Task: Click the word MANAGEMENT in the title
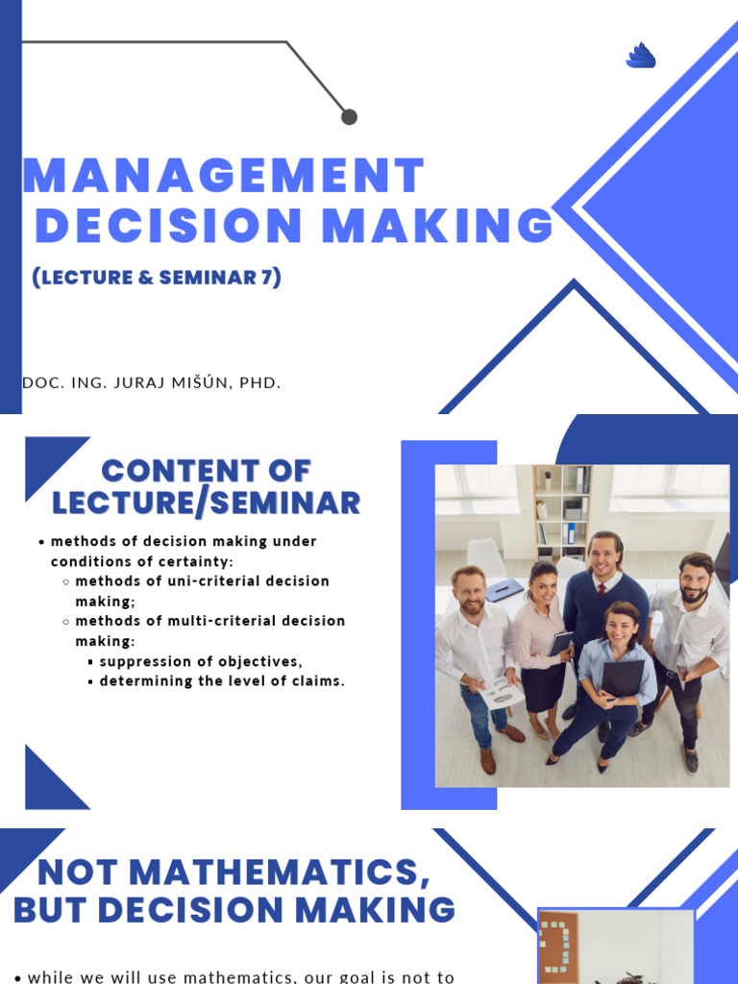point(223,176)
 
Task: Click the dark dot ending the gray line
point(349,116)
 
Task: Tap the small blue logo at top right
point(640,57)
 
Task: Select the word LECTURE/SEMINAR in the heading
point(206,502)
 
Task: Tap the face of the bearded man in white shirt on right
point(693,580)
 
